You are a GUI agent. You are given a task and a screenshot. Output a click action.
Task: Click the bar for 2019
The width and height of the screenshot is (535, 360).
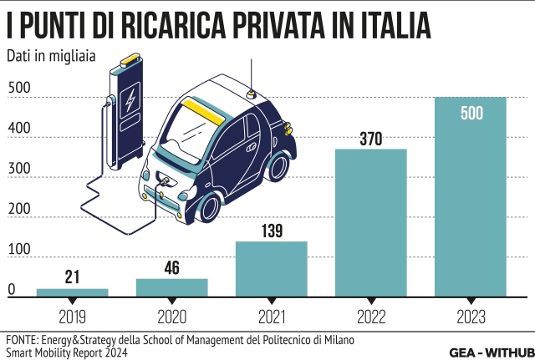[72, 292]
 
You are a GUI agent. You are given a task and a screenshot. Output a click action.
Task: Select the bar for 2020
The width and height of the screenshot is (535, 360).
[171, 287]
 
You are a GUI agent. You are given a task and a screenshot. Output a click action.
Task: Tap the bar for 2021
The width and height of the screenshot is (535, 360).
[271, 268]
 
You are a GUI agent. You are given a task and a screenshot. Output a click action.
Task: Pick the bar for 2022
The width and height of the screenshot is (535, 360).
[370, 222]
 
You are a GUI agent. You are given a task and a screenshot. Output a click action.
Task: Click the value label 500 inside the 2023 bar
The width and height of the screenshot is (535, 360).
[471, 114]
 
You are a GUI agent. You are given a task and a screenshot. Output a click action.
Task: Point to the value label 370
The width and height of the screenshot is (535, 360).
[370, 139]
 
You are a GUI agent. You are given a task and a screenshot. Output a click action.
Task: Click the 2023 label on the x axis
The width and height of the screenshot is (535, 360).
[471, 317]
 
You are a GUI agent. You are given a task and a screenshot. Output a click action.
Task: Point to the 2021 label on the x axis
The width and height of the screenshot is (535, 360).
[271, 317]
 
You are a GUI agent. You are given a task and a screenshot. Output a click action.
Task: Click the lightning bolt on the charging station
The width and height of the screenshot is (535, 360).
[129, 103]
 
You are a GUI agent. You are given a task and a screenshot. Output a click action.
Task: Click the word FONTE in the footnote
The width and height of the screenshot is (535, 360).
[22, 341]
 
